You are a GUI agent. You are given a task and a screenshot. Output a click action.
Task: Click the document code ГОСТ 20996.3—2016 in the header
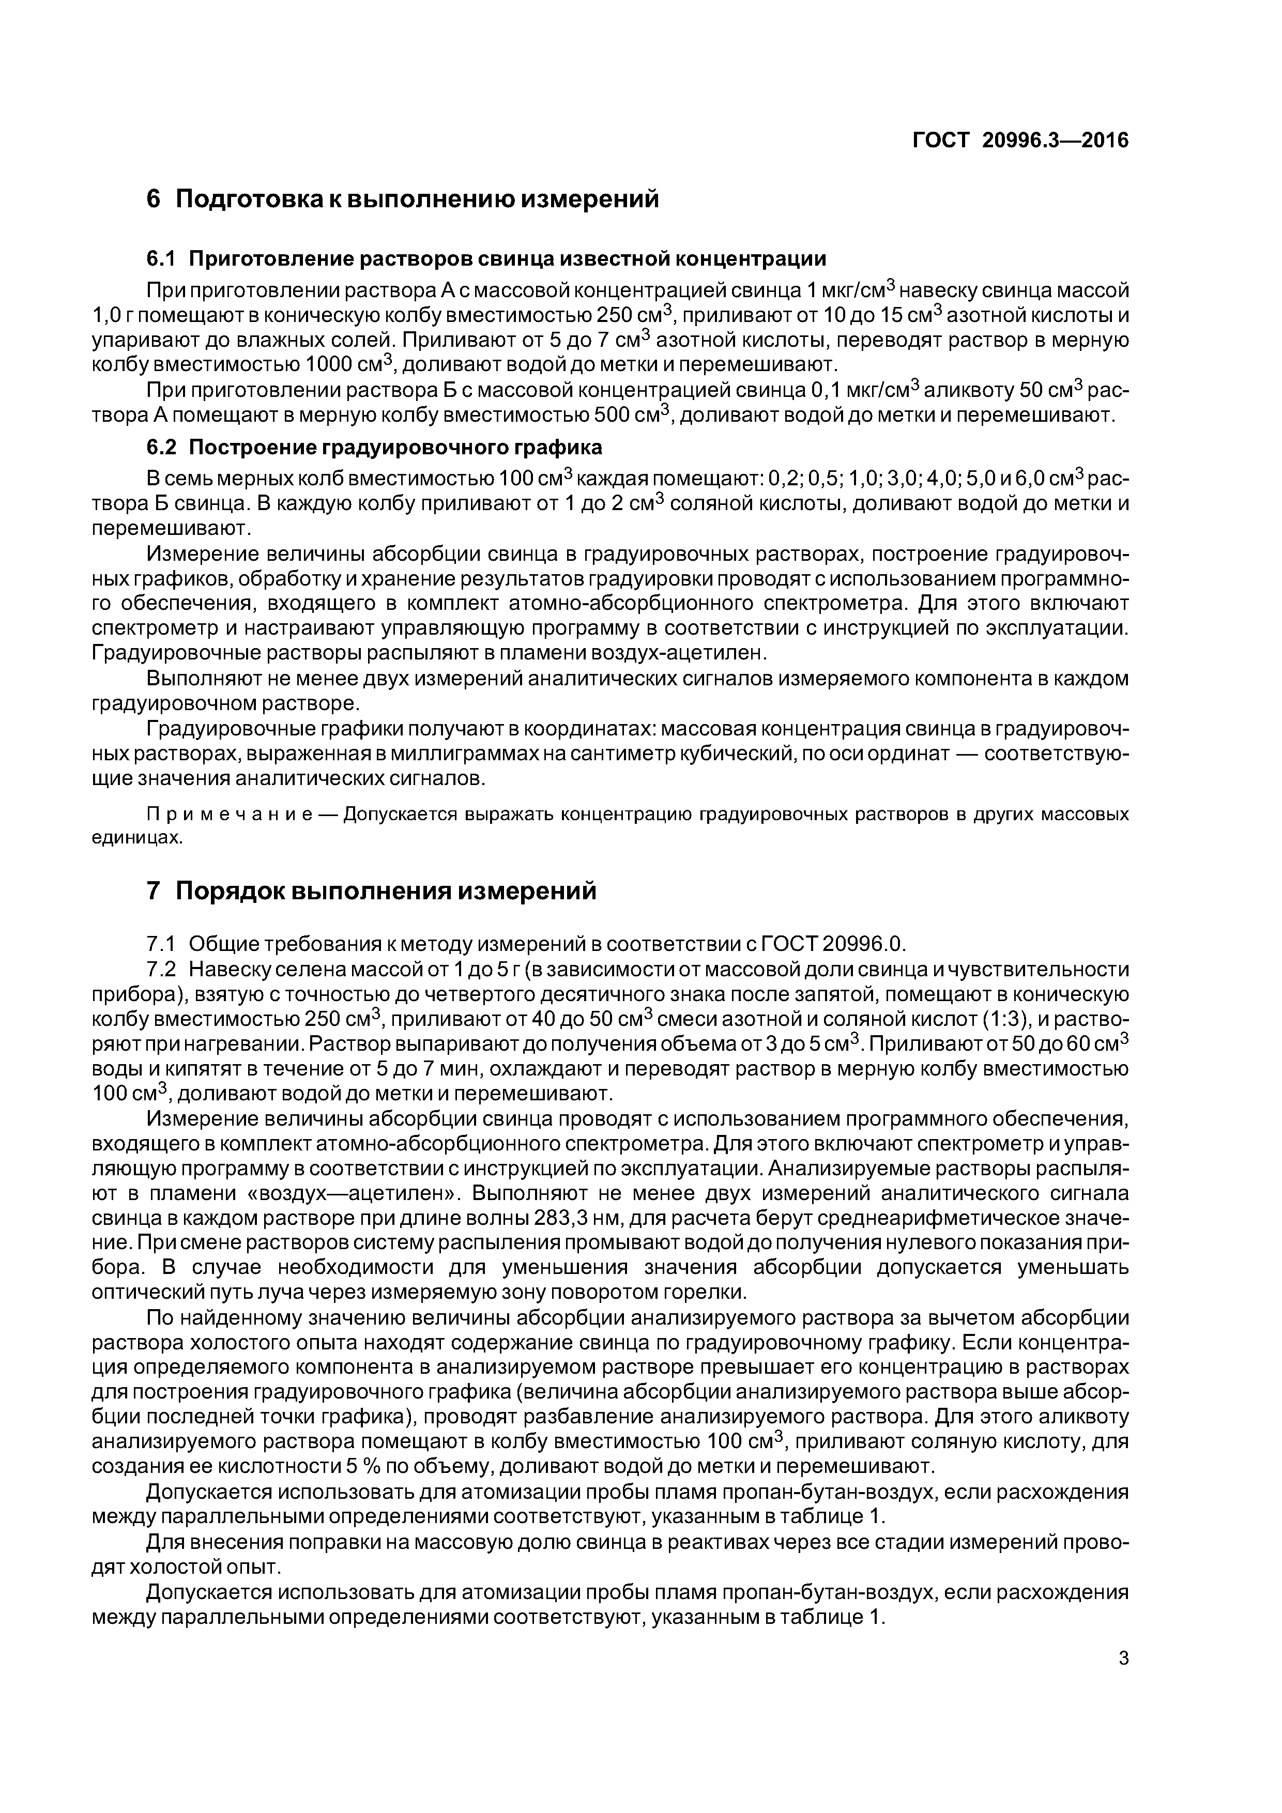[1020, 141]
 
